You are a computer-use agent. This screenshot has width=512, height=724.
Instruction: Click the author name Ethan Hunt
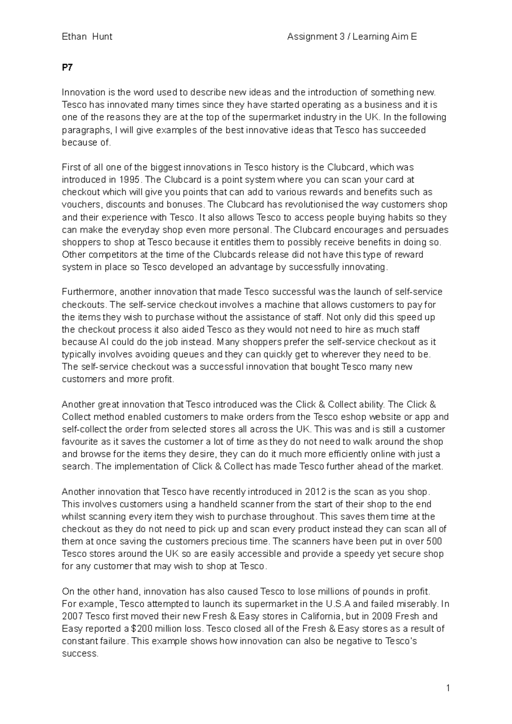point(87,37)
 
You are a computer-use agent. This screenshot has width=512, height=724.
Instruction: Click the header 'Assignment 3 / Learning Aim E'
point(352,37)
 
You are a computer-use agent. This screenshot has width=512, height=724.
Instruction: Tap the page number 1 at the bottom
point(448,688)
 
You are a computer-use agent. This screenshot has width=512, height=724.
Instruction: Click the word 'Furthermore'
point(88,292)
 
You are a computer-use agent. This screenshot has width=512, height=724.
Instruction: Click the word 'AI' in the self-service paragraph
point(104,342)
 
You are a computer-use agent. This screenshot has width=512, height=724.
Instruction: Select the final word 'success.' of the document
point(80,654)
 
